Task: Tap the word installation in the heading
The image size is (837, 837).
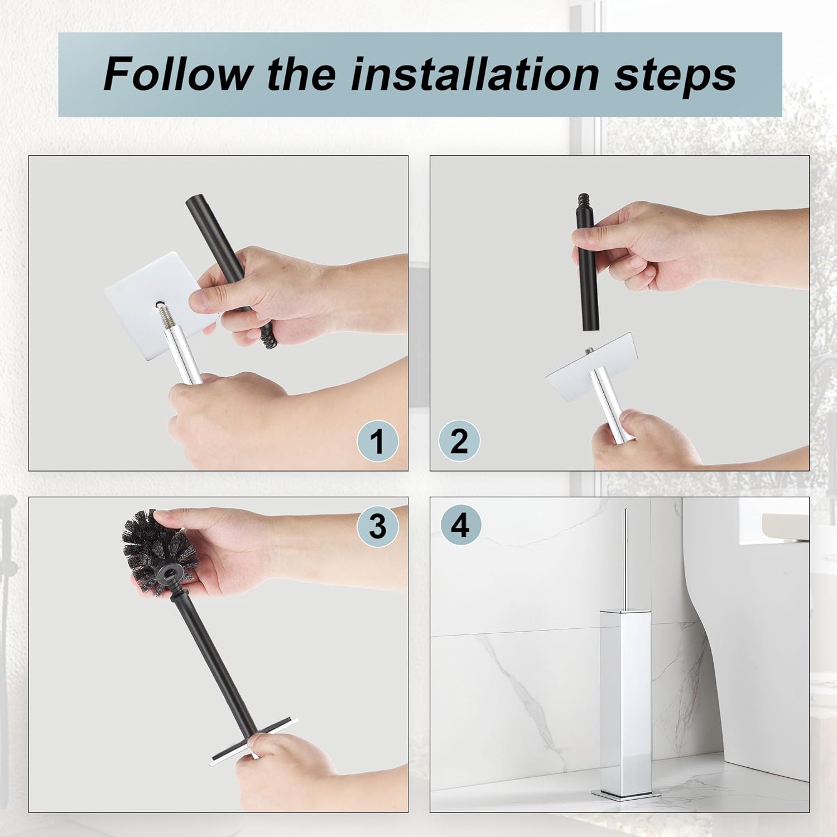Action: click(x=464, y=73)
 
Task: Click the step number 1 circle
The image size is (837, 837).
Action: click(x=378, y=441)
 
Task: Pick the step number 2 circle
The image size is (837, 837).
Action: click(x=459, y=441)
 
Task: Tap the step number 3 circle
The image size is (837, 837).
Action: click(x=378, y=526)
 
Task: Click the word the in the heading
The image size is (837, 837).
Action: click(x=301, y=73)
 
